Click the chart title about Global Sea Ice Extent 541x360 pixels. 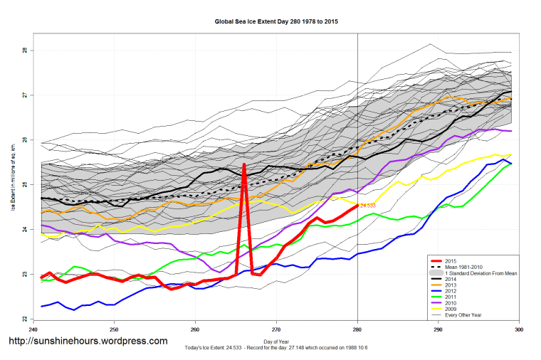pyautogui.click(x=276, y=22)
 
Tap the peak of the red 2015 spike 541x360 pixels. pyautogui.click(x=244, y=165)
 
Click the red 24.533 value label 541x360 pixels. pyautogui.click(x=367, y=206)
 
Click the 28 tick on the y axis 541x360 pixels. pyautogui.click(x=23, y=51)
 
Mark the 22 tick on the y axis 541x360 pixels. pyautogui.click(x=23, y=319)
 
